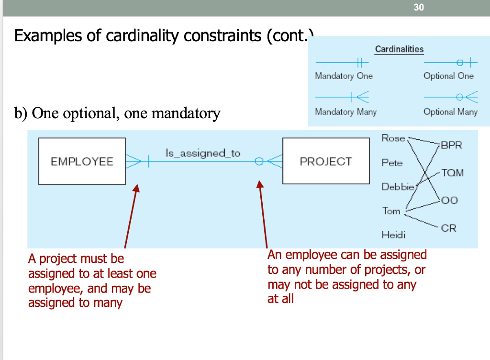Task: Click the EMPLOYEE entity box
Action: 82,161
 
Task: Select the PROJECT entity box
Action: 326,161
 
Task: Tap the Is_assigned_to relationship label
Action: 203,153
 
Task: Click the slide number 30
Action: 419,8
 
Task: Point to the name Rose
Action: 393,138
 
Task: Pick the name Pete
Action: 392,163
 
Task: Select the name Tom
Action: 391,211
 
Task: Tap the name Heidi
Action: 393,235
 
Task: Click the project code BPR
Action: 451,145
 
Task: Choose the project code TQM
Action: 452,173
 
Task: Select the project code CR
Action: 448,228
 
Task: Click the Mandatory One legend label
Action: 344,76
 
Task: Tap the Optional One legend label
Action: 448,76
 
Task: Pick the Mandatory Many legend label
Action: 345,112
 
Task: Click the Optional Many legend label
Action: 450,112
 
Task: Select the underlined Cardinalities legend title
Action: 399,49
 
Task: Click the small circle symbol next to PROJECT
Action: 259,161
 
